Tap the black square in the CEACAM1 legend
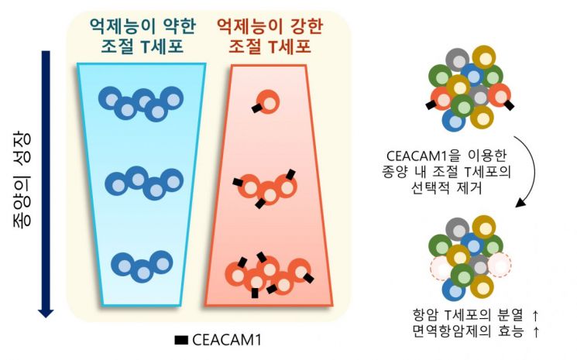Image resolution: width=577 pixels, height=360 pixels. tap(181, 340)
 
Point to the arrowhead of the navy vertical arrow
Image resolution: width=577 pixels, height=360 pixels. tap(46, 314)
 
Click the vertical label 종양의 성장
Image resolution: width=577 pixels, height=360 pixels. tap(22, 180)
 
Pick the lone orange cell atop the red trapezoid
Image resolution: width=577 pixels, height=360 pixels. tap(268, 101)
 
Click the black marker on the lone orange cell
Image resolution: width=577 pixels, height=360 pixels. tap(256, 108)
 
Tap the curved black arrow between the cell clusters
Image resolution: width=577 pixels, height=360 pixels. tap(529, 170)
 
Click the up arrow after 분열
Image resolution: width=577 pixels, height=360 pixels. tap(535, 316)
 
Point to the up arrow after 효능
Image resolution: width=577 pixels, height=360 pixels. tap(535, 332)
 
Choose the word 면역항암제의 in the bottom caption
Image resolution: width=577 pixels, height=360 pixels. tap(452, 331)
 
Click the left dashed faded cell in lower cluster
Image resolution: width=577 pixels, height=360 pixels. tap(441, 268)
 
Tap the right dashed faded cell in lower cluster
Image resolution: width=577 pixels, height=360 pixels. tap(500, 265)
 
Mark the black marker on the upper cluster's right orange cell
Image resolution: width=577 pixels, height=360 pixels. tap(509, 105)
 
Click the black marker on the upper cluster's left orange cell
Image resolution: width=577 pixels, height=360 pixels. tap(430, 105)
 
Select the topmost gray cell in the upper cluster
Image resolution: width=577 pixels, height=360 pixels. tap(458, 60)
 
